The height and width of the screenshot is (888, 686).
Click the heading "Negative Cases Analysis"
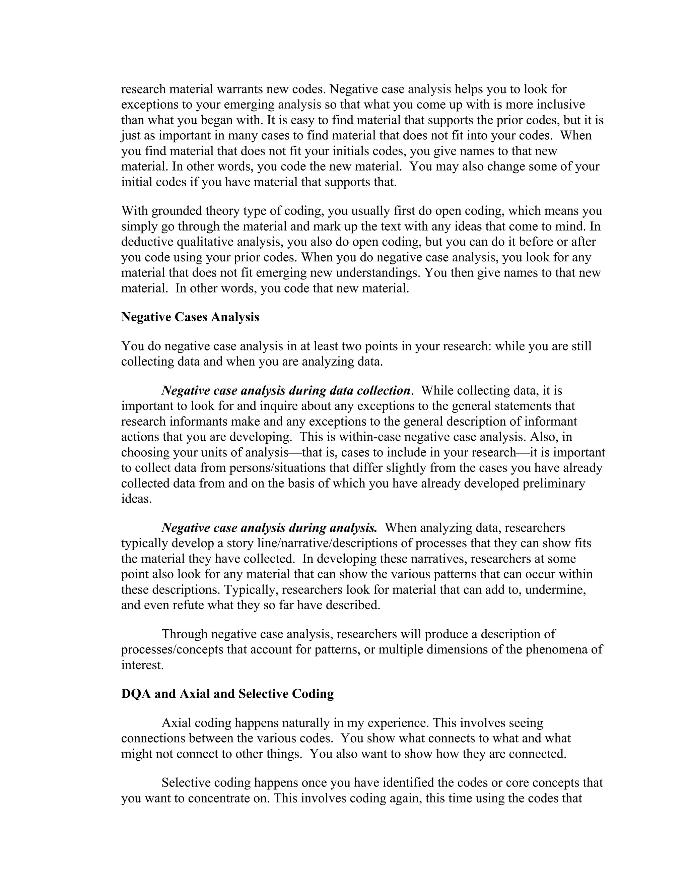[x=190, y=317]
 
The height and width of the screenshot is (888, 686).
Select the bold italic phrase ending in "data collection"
[x=286, y=390]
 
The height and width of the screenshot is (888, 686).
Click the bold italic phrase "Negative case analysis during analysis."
[x=269, y=528]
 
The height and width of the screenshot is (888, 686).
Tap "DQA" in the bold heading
[x=136, y=694]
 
